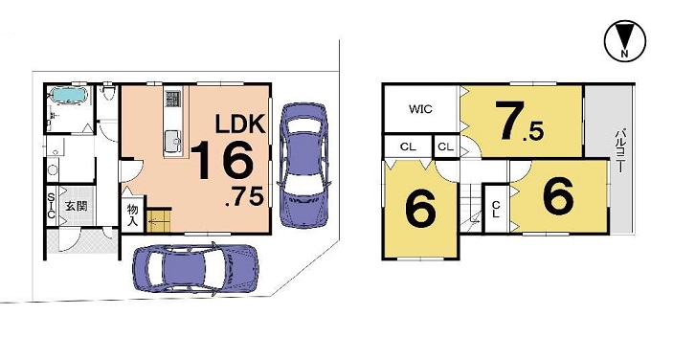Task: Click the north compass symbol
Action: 625,41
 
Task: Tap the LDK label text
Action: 240,124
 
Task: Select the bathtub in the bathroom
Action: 69,95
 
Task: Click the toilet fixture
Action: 107,92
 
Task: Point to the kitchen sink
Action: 173,141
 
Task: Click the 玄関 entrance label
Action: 77,207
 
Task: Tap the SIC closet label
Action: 51,206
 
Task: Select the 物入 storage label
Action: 133,215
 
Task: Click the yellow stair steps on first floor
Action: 159,220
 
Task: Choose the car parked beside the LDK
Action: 304,166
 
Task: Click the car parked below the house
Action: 196,269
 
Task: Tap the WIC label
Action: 420,109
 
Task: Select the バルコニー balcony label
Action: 619,151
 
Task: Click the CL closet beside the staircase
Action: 496,210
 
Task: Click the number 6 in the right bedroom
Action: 558,195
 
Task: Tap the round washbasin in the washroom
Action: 53,169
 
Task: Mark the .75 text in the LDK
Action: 244,197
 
